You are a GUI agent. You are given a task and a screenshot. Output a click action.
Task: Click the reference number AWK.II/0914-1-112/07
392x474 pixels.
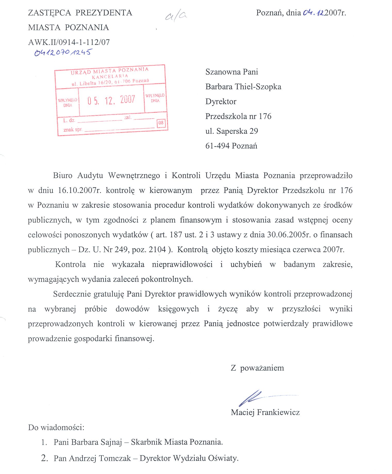pos(69,42)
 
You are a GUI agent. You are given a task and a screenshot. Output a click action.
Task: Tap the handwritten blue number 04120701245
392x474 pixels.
pos(63,52)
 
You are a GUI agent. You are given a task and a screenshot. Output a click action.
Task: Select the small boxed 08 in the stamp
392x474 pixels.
pos(161,123)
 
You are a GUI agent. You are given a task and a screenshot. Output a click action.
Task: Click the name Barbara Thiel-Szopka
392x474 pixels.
pos(243,87)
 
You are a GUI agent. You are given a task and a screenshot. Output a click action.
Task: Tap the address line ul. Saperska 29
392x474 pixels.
pos(232,131)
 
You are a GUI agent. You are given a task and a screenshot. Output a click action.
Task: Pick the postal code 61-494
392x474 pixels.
pos(217,146)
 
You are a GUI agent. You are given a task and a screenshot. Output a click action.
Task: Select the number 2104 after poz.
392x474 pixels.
pos(157,250)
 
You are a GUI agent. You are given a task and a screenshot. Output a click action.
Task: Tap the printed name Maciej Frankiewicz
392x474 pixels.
pos(265,412)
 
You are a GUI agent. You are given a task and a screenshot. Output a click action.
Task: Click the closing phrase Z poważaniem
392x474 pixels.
pos(257,368)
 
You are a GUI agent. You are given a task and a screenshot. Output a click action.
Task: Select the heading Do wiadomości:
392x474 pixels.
pos(56,427)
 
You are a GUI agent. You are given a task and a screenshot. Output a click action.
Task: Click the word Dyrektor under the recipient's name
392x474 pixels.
pos(221,101)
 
